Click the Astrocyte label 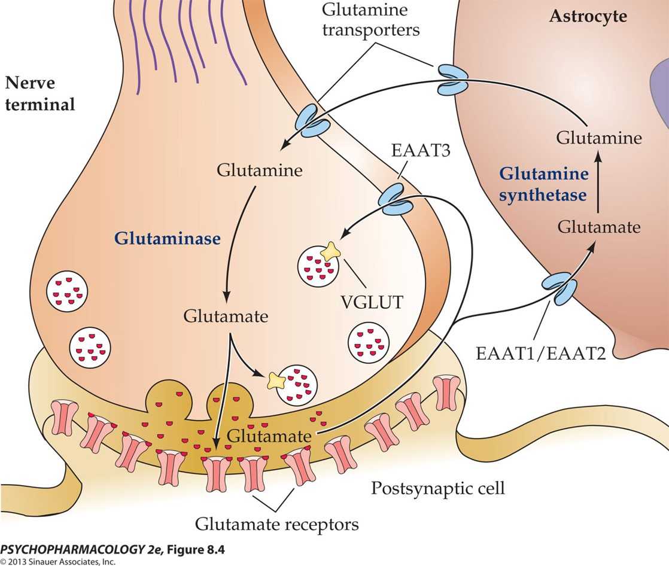(588, 16)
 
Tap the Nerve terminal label (39, 93)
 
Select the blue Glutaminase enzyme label (168, 238)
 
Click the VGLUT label (372, 302)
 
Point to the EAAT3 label (421, 150)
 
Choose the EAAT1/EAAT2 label (540, 353)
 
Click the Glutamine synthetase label (543, 184)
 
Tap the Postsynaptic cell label (438, 488)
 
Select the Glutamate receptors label (276, 524)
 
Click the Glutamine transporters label (371, 20)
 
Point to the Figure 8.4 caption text (112, 549)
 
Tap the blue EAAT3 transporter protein (397, 199)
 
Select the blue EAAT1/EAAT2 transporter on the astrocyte (559, 288)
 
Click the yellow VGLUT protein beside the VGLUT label (330, 251)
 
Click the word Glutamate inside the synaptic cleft (269, 436)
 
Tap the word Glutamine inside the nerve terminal (260, 170)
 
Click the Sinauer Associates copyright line (57, 561)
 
